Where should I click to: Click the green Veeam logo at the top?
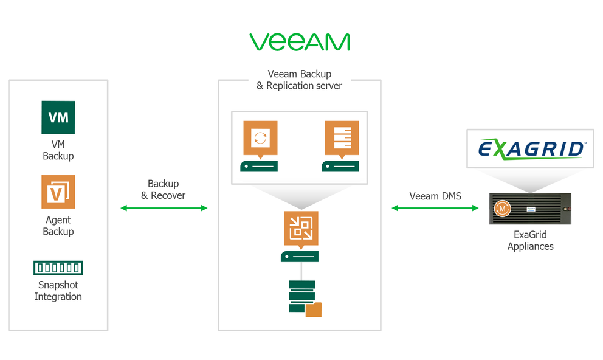click(299, 42)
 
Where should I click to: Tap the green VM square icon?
click(58, 117)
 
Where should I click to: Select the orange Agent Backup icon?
click(58, 192)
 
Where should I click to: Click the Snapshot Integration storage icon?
click(58, 268)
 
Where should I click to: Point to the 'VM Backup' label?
click(58, 150)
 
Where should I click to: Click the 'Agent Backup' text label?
click(58, 226)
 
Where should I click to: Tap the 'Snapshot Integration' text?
click(58, 291)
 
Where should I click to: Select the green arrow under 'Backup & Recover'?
click(164, 208)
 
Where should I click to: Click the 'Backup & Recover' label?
click(164, 190)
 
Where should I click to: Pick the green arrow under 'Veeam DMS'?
click(435, 208)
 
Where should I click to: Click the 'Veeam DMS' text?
click(435, 196)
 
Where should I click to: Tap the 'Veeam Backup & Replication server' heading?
click(299, 80)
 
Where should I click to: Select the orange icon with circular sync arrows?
click(260, 138)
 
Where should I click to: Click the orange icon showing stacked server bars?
click(342, 138)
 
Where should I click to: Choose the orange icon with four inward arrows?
click(300, 228)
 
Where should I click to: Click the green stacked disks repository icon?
click(303, 297)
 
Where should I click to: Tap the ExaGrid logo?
click(530, 148)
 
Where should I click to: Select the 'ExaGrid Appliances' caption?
click(530, 241)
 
